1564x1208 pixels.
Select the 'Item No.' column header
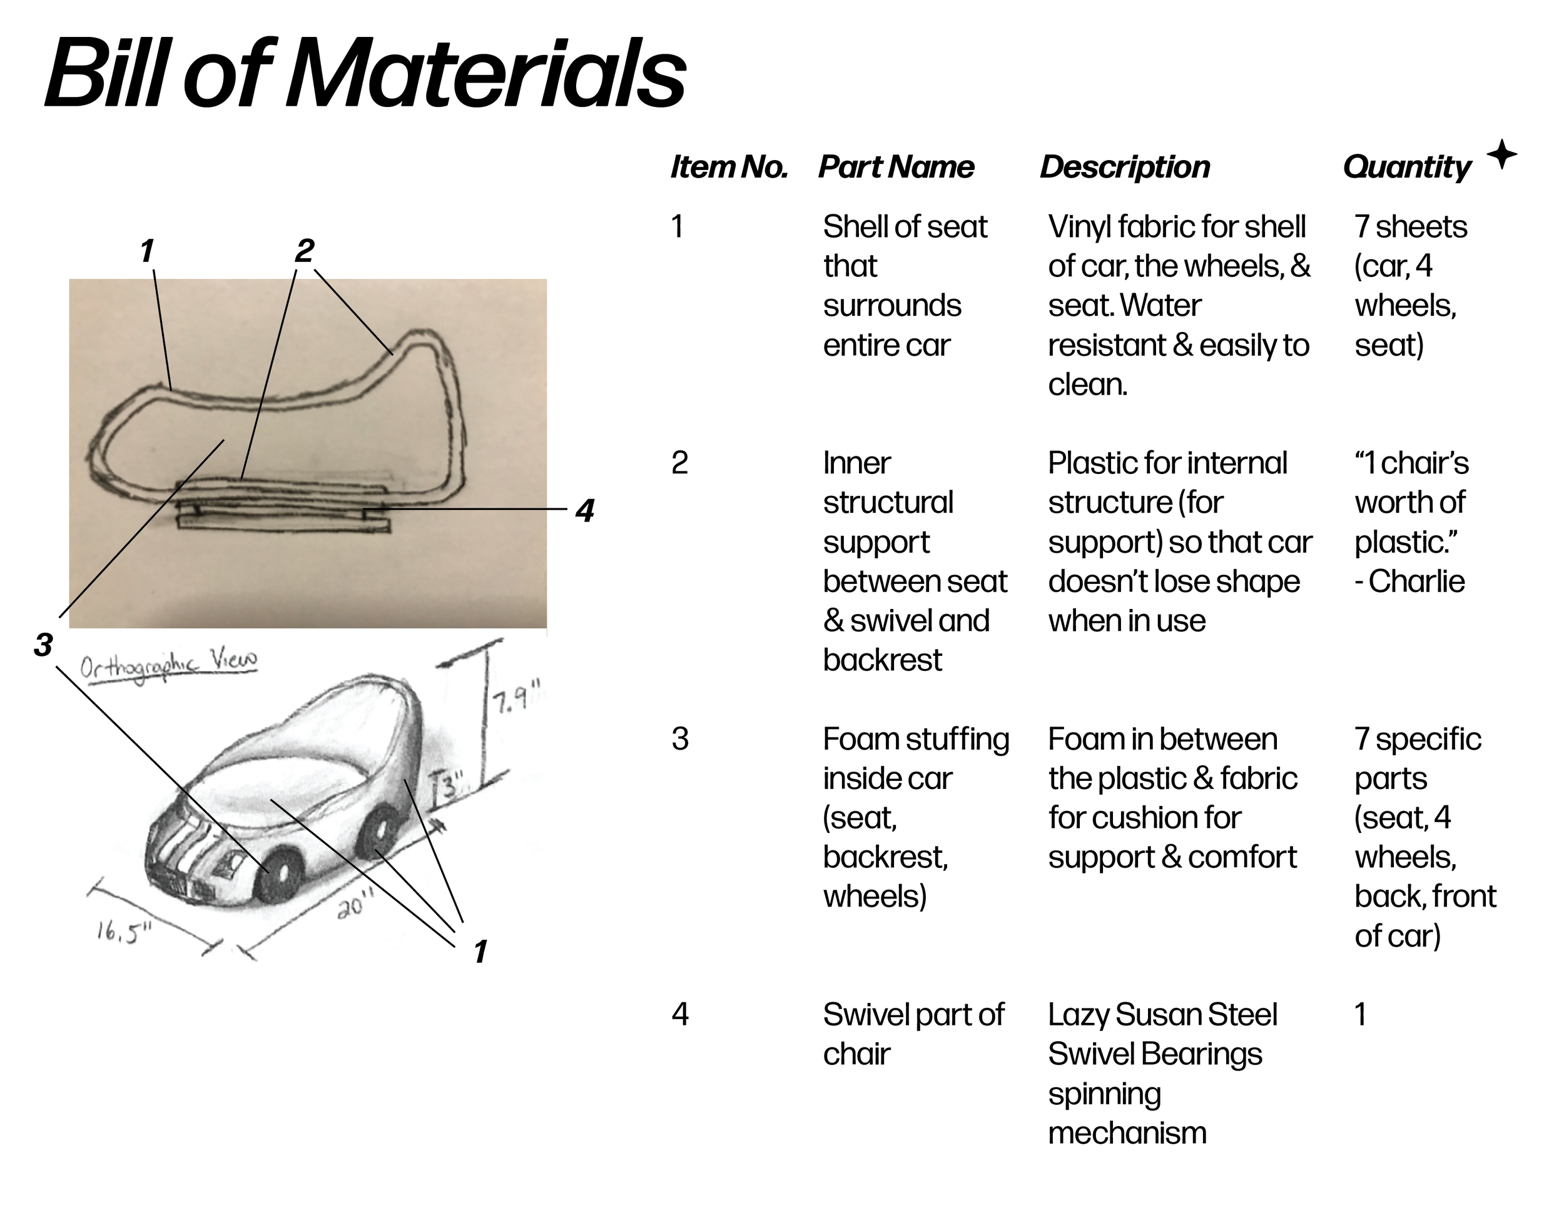click(728, 167)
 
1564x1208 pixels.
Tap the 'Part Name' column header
click(896, 167)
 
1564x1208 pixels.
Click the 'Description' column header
click(1124, 167)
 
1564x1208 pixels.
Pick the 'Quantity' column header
click(1406, 168)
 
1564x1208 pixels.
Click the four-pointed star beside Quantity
click(1501, 154)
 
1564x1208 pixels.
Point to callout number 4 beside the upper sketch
click(585, 511)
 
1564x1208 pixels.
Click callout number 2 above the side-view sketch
click(304, 251)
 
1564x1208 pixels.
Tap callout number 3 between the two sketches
click(43, 645)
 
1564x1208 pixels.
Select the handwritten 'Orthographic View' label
click(168, 665)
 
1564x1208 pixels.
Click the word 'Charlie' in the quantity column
click(1416, 581)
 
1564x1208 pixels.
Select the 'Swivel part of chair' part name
click(912, 1034)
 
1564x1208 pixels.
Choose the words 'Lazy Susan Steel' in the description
click(1162, 1014)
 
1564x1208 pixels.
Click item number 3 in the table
click(679, 738)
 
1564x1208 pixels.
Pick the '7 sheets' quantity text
click(1410, 227)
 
